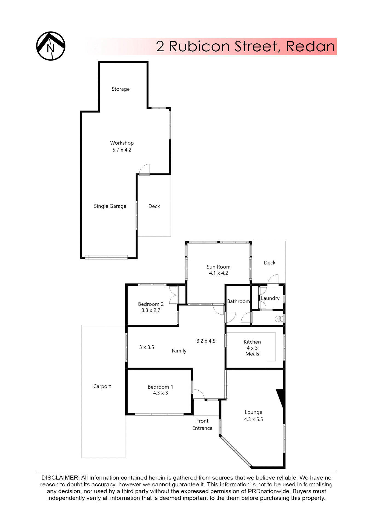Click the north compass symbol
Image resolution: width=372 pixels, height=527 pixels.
coord(51,46)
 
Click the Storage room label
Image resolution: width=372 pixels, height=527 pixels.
coord(121,89)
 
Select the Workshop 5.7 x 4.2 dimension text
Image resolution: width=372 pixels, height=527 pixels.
coord(122,150)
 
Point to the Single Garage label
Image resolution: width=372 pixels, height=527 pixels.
coord(110,206)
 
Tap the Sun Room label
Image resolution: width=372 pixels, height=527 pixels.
coord(218,267)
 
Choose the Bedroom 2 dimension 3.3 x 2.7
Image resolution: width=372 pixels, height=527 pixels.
coord(151,310)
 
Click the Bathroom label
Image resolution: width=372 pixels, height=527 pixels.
coord(238,301)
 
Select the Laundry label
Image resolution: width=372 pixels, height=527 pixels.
coord(270,298)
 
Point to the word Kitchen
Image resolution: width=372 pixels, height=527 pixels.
coord(252,342)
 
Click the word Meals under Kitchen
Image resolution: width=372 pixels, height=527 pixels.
coord(252,354)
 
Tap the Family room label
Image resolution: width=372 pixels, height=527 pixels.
coord(179,351)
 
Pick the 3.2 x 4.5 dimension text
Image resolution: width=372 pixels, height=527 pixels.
coord(206,341)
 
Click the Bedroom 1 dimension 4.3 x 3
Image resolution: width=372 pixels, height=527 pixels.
coord(160,393)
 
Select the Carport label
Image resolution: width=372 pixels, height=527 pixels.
coord(102,386)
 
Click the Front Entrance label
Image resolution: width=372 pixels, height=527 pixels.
coord(202,425)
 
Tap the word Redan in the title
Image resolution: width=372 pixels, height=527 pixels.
coord(310,46)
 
